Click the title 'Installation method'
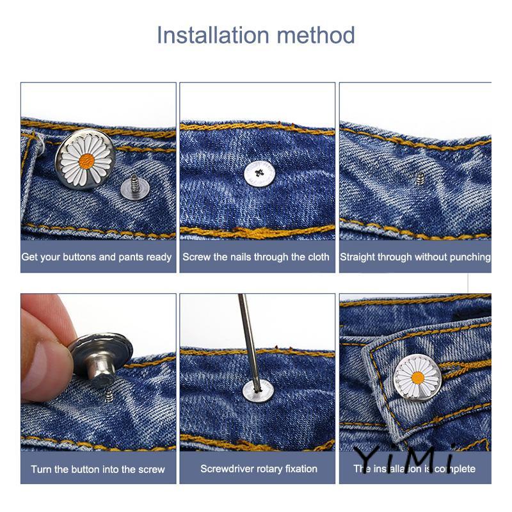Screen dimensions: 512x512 255,34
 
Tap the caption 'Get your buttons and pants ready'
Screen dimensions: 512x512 97,257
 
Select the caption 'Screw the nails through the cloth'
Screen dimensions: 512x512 256,257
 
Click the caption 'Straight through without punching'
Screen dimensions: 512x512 415,257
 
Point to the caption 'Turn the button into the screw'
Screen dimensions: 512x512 98,469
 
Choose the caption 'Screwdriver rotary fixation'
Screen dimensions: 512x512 259,468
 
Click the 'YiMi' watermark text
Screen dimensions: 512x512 405,458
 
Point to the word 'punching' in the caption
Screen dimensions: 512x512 470,257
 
